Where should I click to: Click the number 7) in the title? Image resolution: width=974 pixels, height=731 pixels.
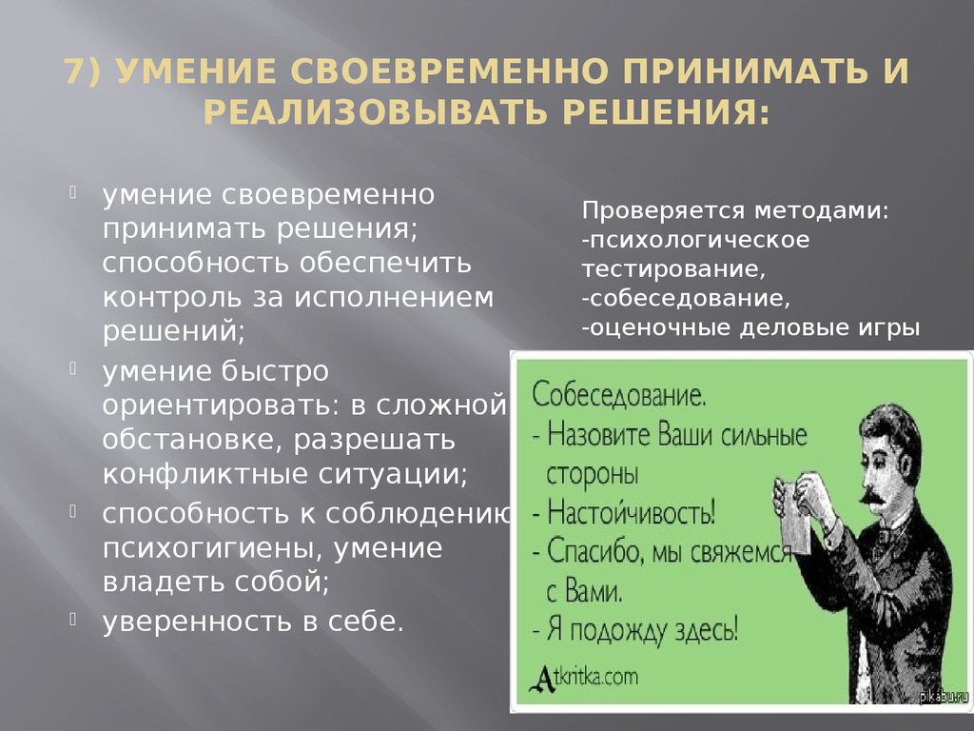(82, 70)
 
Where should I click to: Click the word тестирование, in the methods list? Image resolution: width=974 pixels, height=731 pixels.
(673, 269)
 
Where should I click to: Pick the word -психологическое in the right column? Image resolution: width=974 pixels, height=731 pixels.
(695, 241)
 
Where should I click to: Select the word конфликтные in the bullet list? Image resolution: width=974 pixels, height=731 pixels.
(205, 475)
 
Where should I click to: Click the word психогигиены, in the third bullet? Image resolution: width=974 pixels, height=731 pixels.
(210, 549)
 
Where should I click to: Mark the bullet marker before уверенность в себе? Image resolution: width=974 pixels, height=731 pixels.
(72, 618)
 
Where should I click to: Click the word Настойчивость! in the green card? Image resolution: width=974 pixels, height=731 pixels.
(632, 513)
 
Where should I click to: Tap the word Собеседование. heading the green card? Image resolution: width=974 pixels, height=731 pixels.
(618, 395)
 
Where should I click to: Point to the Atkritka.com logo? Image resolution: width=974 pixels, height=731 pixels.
(583, 678)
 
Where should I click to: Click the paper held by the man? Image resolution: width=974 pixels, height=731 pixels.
(796, 516)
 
